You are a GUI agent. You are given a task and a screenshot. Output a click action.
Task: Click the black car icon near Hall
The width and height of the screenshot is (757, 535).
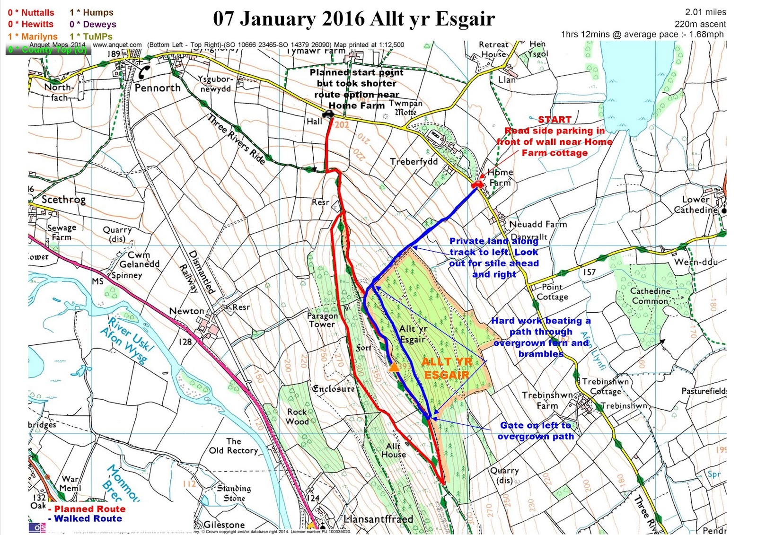click(x=328, y=114)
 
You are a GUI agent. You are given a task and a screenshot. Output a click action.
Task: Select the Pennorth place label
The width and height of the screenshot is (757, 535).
click(x=158, y=88)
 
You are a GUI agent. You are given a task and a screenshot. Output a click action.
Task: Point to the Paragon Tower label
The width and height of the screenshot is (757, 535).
click(x=322, y=320)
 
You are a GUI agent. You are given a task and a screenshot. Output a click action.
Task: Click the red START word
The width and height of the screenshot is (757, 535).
click(x=555, y=120)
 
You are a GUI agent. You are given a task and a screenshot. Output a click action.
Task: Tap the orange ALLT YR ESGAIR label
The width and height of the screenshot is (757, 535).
click(x=446, y=368)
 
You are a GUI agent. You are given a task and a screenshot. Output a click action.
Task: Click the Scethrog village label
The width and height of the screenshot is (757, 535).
click(x=63, y=200)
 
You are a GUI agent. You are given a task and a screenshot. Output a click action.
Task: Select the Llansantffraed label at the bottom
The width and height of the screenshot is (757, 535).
click(x=378, y=519)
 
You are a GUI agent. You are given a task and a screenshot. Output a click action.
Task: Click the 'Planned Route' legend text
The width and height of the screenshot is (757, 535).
click(x=89, y=509)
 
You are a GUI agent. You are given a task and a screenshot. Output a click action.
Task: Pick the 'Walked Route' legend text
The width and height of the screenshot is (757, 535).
click(x=88, y=518)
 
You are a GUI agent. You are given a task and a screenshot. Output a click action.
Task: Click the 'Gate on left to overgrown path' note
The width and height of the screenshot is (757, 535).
click(x=536, y=431)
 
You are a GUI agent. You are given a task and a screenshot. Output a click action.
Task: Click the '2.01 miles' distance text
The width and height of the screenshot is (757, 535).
click(x=705, y=12)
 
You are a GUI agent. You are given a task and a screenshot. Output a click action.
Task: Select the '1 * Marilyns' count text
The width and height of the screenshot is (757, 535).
click(x=33, y=36)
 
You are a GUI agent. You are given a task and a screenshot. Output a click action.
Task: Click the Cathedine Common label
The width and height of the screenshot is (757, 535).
click(x=650, y=296)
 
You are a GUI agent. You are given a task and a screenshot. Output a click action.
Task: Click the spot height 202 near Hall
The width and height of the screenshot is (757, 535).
click(x=342, y=125)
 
